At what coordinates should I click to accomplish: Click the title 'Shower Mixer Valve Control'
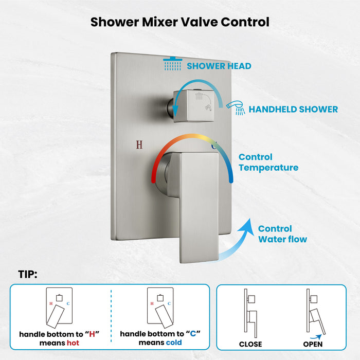tap(180, 22)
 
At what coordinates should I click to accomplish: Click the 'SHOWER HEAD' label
tap(219, 66)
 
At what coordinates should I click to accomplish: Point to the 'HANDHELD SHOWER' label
tap(293, 109)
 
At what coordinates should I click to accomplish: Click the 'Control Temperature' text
tap(268, 162)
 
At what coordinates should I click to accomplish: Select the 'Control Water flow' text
tap(282, 234)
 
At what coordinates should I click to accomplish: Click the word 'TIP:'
tap(27, 275)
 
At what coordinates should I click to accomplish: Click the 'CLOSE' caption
tap(250, 344)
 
